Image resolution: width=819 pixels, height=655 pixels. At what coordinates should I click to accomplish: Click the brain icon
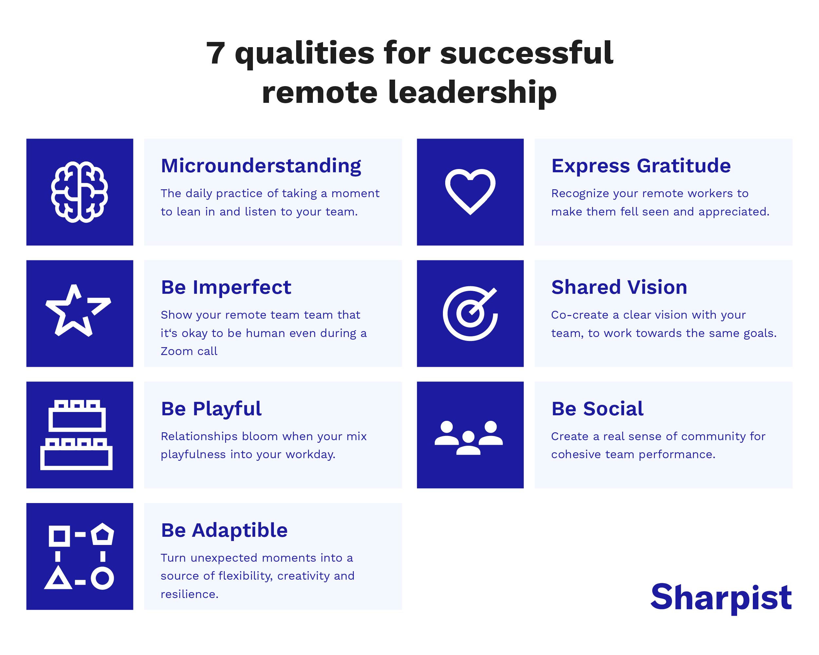pos(79,192)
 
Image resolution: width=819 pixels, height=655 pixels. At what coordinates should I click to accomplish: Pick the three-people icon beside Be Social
pos(468,438)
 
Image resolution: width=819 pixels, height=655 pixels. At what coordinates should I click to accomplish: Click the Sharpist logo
pos(721,597)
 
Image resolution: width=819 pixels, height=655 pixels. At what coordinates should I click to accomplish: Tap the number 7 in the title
pos(215,53)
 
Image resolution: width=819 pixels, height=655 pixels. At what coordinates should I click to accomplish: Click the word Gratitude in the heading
pos(683,166)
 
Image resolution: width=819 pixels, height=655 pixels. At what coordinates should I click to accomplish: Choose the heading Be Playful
pos(211,409)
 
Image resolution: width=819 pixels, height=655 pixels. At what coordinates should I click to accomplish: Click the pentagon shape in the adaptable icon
pos(102,534)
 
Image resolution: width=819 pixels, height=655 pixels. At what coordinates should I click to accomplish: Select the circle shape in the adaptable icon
pos(102,578)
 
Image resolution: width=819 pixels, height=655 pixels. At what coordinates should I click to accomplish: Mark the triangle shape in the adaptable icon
pos(58,578)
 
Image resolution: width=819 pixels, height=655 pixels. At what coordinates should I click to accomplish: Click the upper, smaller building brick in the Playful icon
pos(77,417)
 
